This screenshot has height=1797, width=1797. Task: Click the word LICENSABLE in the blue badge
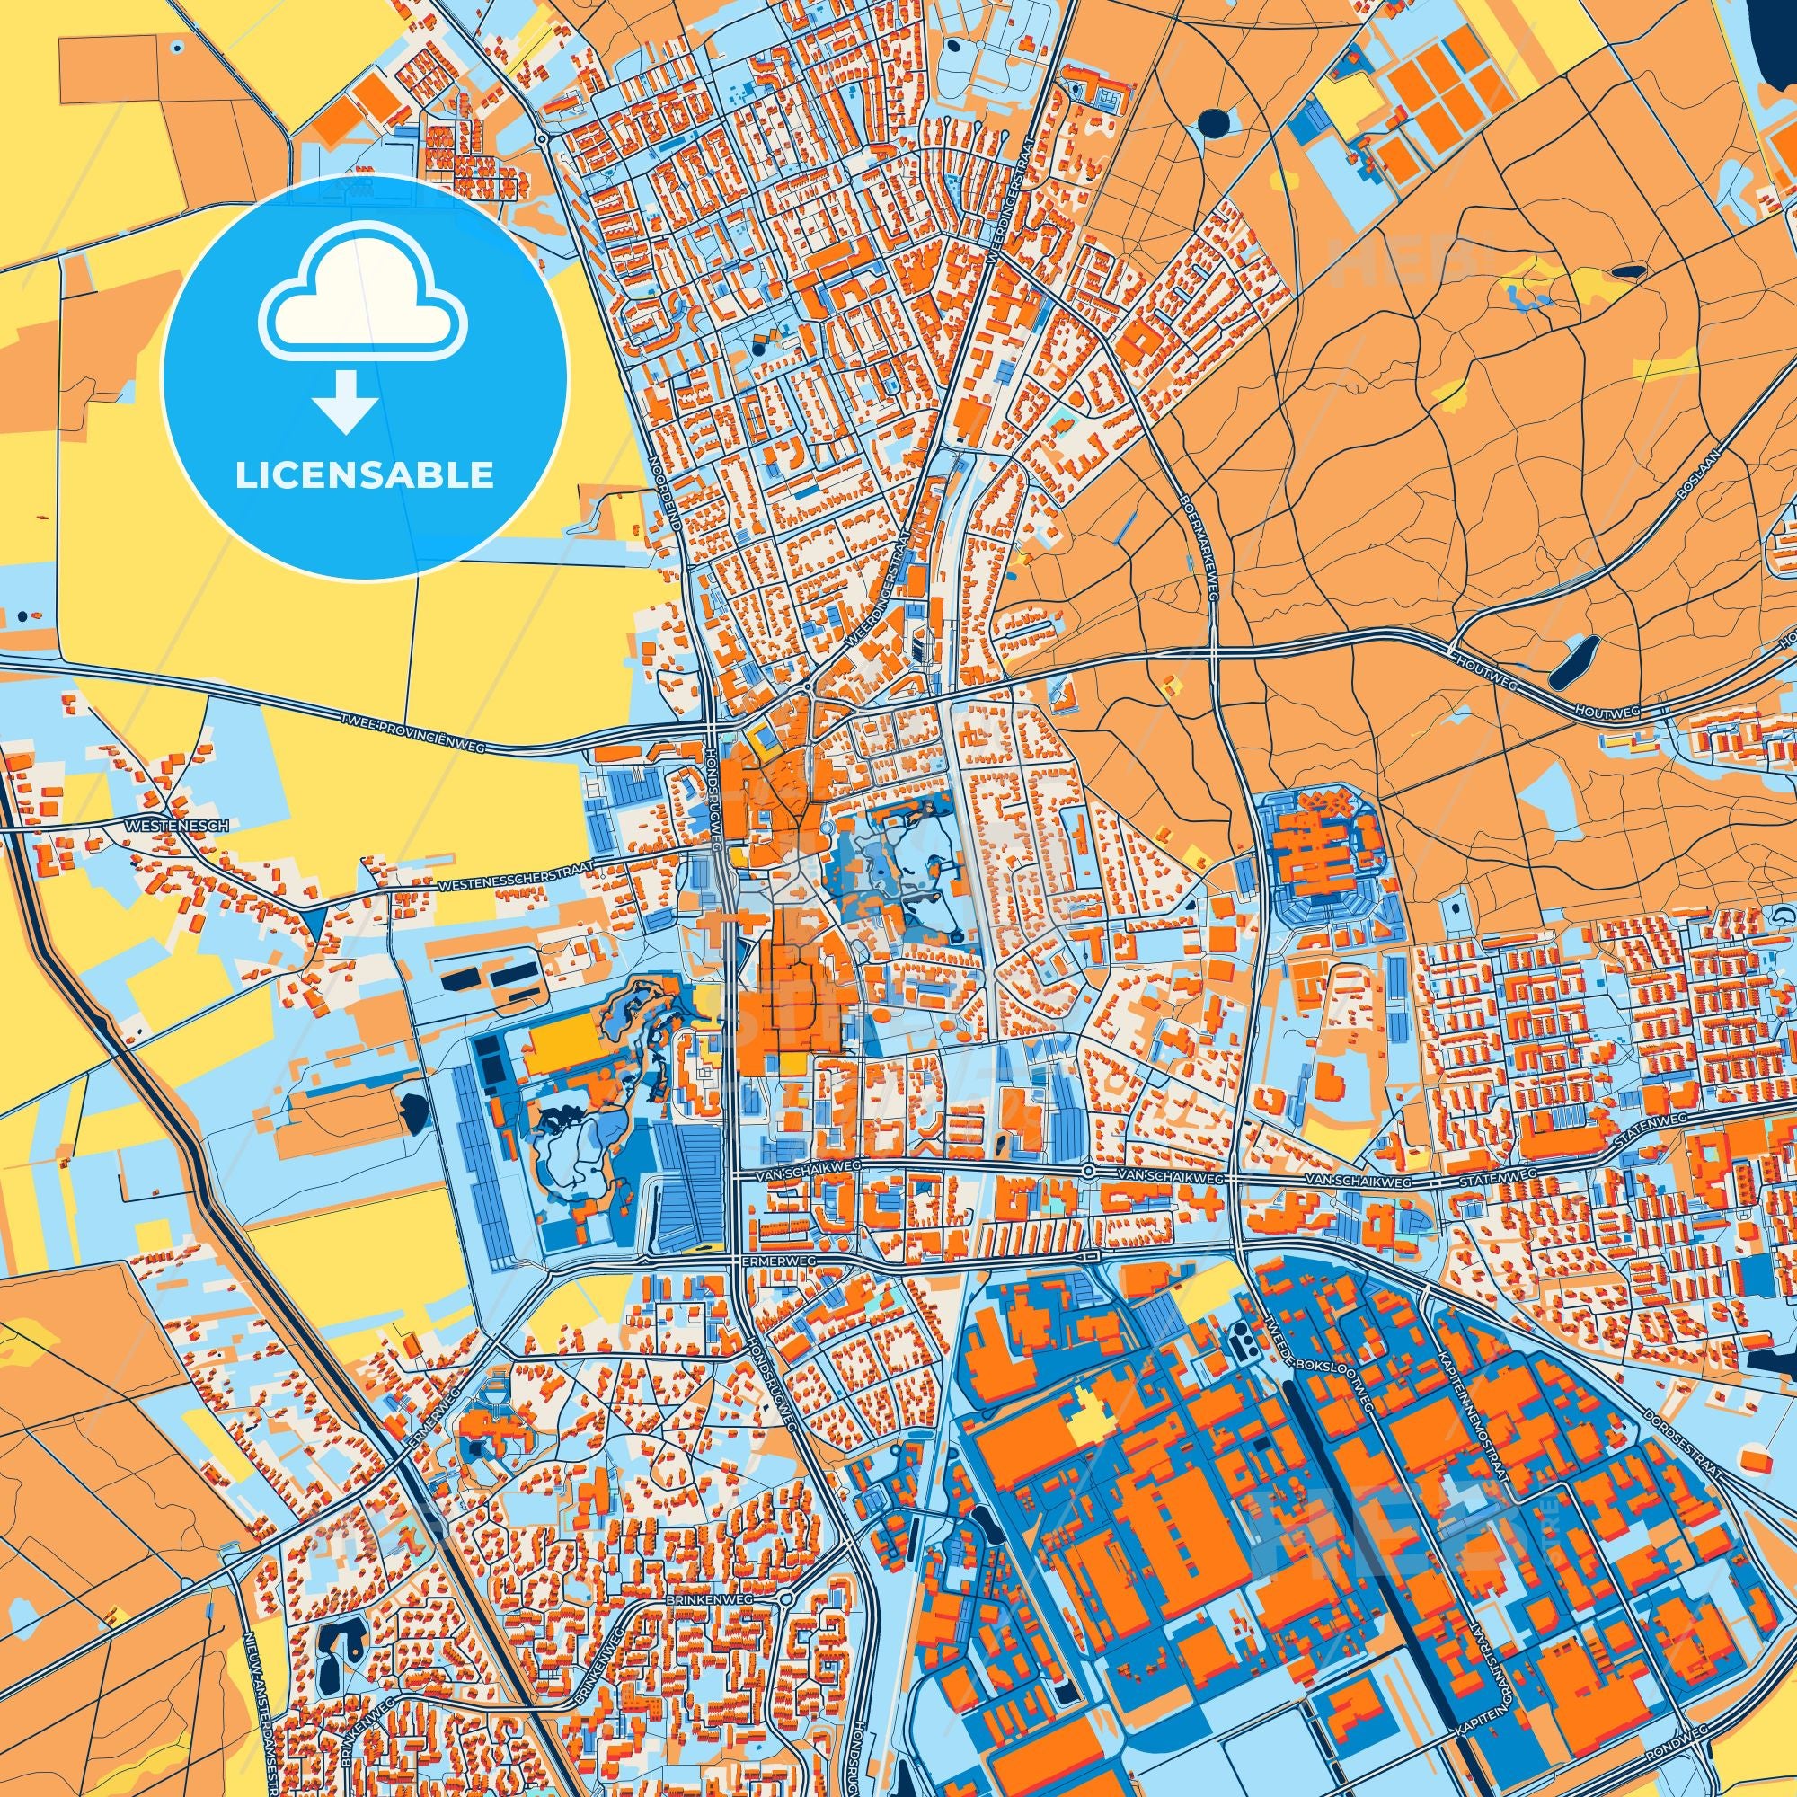point(364,475)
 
